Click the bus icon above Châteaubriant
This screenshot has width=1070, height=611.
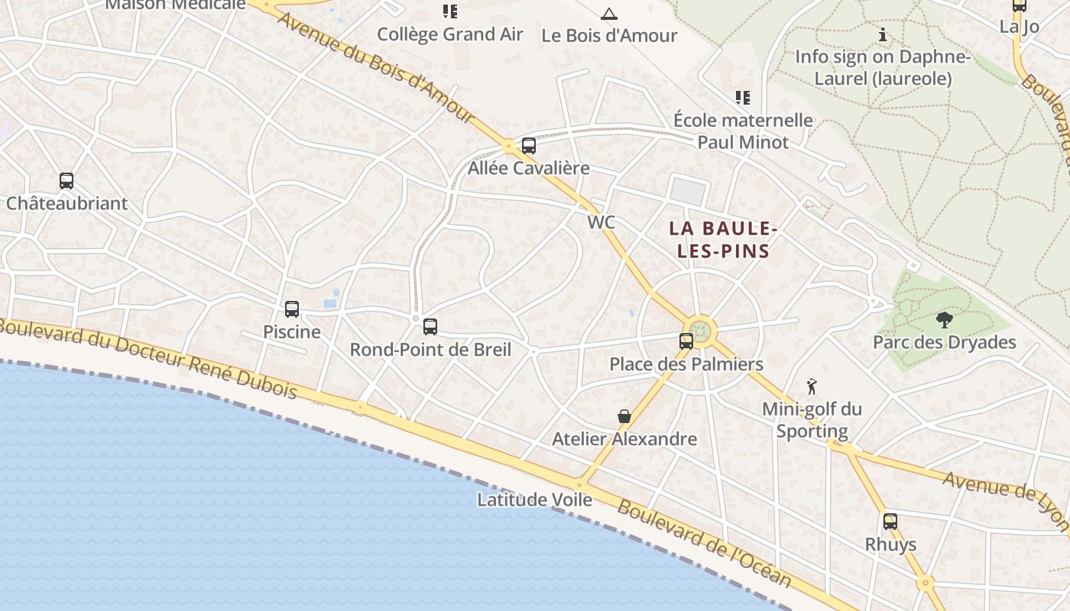tap(66, 181)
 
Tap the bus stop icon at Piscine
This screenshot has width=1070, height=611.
tap(292, 309)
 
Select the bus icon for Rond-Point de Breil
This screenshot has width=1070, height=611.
tap(430, 327)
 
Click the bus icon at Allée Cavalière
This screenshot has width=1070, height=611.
tap(529, 146)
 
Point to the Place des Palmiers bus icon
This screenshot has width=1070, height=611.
tap(686, 341)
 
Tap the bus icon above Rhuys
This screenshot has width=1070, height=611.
tap(890, 522)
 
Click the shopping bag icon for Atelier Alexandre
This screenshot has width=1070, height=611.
tap(624, 416)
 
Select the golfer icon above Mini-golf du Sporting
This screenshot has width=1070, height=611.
tap(812, 386)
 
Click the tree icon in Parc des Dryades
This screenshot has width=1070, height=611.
tap(945, 320)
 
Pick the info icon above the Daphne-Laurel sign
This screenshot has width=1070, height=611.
tap(883, 34)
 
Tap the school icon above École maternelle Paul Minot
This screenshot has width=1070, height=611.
tap(742, 98)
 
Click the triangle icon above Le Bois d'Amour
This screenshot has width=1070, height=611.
tap(608, 14)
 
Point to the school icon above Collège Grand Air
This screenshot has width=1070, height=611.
tap(450, 11)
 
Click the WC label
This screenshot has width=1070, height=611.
tap(601, 222)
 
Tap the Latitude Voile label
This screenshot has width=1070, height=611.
tap(534, 499)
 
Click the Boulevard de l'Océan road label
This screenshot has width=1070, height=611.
tap(704, 543)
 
